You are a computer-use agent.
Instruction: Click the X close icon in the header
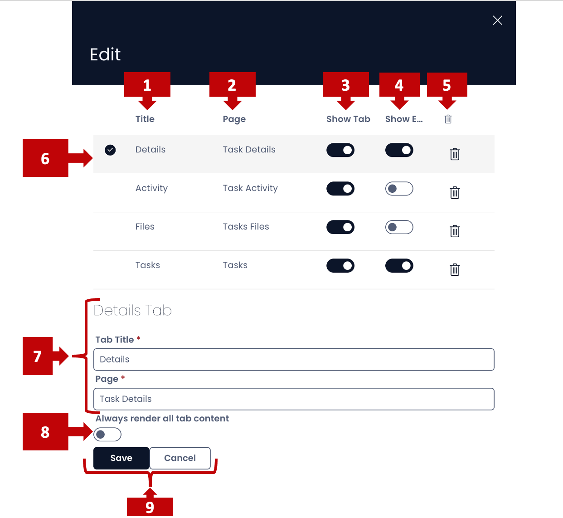click(497, 20)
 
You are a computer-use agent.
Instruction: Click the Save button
click(121, 458)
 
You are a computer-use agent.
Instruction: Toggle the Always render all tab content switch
click(107, 435)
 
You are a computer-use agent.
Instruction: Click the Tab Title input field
click(294, 360)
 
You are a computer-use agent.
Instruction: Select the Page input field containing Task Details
click(294, 399)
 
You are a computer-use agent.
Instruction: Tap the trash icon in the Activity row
click(455, 193)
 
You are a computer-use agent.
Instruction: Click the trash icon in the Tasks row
click(455, 270)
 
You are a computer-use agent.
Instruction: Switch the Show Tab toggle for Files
click(340, 227)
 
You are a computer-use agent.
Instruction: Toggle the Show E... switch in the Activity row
click(399, 189)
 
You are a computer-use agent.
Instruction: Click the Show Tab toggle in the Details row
click(340, 150)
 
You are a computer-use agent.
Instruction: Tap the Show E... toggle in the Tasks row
click(399, 266)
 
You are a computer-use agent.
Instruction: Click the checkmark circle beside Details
click(110, 150)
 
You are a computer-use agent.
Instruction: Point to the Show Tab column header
click(348, 119)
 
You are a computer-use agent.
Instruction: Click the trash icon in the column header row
click(448, 119)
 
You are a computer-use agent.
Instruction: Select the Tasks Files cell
click(246, 227)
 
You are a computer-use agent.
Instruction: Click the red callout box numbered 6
click(45, 158)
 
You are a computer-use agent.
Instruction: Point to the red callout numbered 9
click(150, 507)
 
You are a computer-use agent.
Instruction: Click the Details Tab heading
click(132, 311)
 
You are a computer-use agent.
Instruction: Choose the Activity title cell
click(151, 188)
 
